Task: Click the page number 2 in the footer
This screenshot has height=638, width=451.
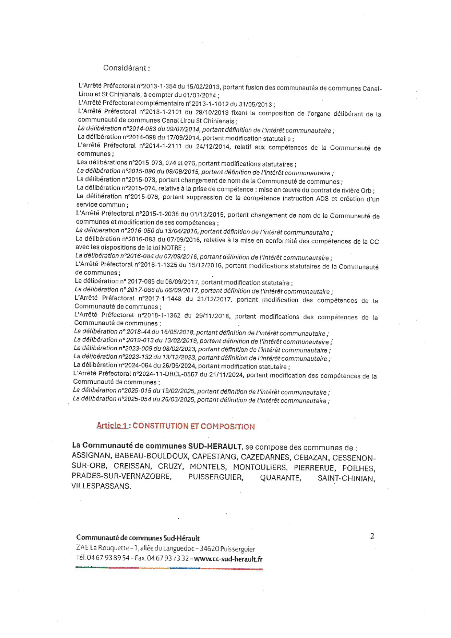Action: [x=372, y=536]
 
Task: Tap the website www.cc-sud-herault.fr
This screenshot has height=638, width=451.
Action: [x=228, y=559]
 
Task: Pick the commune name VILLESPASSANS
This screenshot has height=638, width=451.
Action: [x=101, y=486]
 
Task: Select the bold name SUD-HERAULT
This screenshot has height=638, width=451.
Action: [x=215, y=446]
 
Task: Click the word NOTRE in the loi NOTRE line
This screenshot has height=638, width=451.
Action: [x=171, y=248]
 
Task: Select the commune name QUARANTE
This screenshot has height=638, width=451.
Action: [x=280, y=478]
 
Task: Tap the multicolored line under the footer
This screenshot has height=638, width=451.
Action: [x=169, y=568]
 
